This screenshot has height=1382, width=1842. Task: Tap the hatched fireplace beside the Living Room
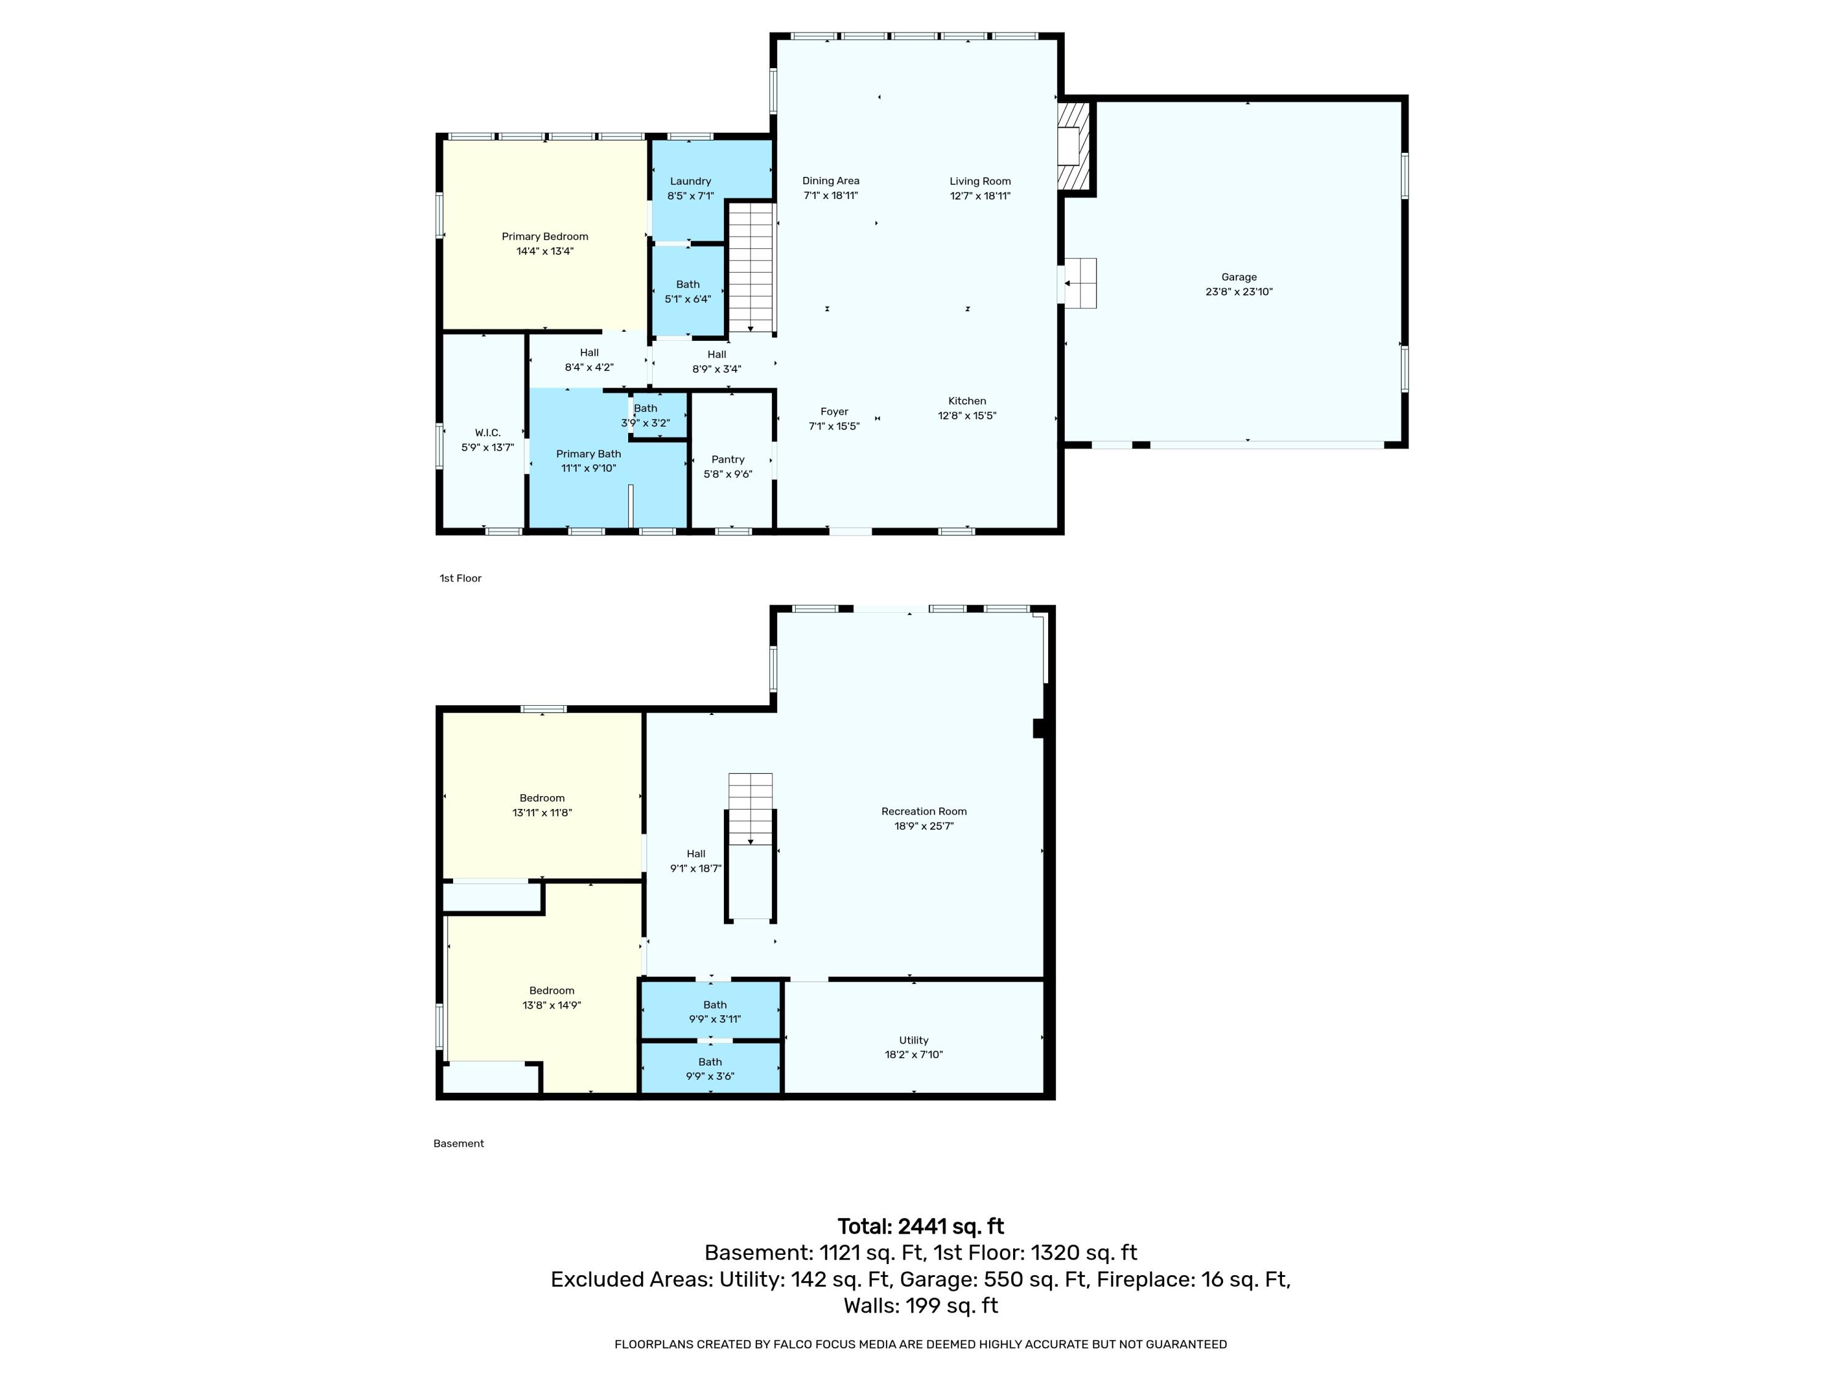tap(1073, 147)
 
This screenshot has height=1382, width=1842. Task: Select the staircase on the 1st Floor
tap(751, 267)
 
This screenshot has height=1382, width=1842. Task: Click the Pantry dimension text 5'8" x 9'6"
tap(727, 474)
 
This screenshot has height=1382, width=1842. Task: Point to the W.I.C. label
tap(487, 432)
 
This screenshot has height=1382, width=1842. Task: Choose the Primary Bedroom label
tap(545, 236)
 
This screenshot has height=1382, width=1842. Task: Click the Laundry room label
tap(690, 181)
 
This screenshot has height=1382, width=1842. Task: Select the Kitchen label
tap(967, 400)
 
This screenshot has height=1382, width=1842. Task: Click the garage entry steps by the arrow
tap(1081, 283)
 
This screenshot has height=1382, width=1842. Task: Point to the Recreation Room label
tap(923, 811)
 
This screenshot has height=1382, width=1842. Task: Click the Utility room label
tap(914, 1040)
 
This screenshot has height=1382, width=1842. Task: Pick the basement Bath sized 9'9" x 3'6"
tap(710, 1069)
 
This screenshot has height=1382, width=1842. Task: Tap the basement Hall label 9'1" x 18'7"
tap(695, 861)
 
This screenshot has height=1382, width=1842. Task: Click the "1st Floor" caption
tap(460, 578)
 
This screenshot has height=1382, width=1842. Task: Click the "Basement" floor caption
tap(458, 1143)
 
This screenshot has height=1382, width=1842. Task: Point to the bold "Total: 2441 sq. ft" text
tap(920, 1226)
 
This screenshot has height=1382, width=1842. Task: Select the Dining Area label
tap(830, 181)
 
